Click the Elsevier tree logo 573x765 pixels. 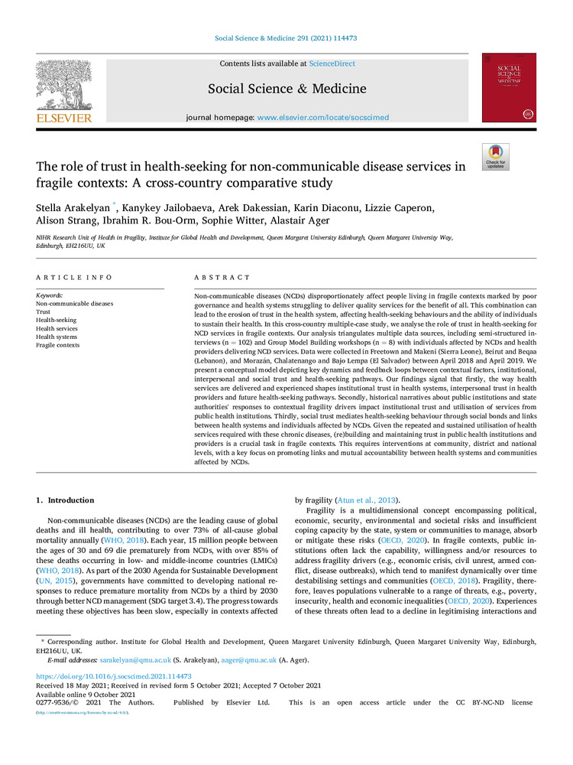click(x=63, y=86)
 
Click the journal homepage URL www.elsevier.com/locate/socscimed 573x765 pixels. click(x=323, y=118)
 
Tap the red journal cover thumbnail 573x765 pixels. click(x=508, y=87)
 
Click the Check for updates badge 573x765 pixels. click(x=495, y=157)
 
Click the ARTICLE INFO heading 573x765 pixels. click(x=74, y=277)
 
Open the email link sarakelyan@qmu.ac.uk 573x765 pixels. click(x=129, y=659)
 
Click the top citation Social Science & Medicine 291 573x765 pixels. click(x=286, y=37)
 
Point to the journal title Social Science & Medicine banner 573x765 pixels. click(x=286, y=89)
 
